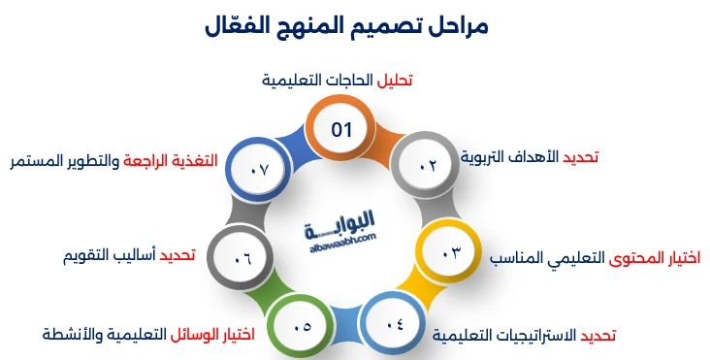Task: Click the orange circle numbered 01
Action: pos(340,129)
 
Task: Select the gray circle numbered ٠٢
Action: pos(428,167)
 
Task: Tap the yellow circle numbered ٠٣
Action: pos(451,253)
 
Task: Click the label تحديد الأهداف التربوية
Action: pos(529,157)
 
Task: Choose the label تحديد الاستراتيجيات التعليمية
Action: pos(524,336)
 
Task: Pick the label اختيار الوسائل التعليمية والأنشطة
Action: pos(148,335)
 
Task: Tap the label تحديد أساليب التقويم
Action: pos(128,256)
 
